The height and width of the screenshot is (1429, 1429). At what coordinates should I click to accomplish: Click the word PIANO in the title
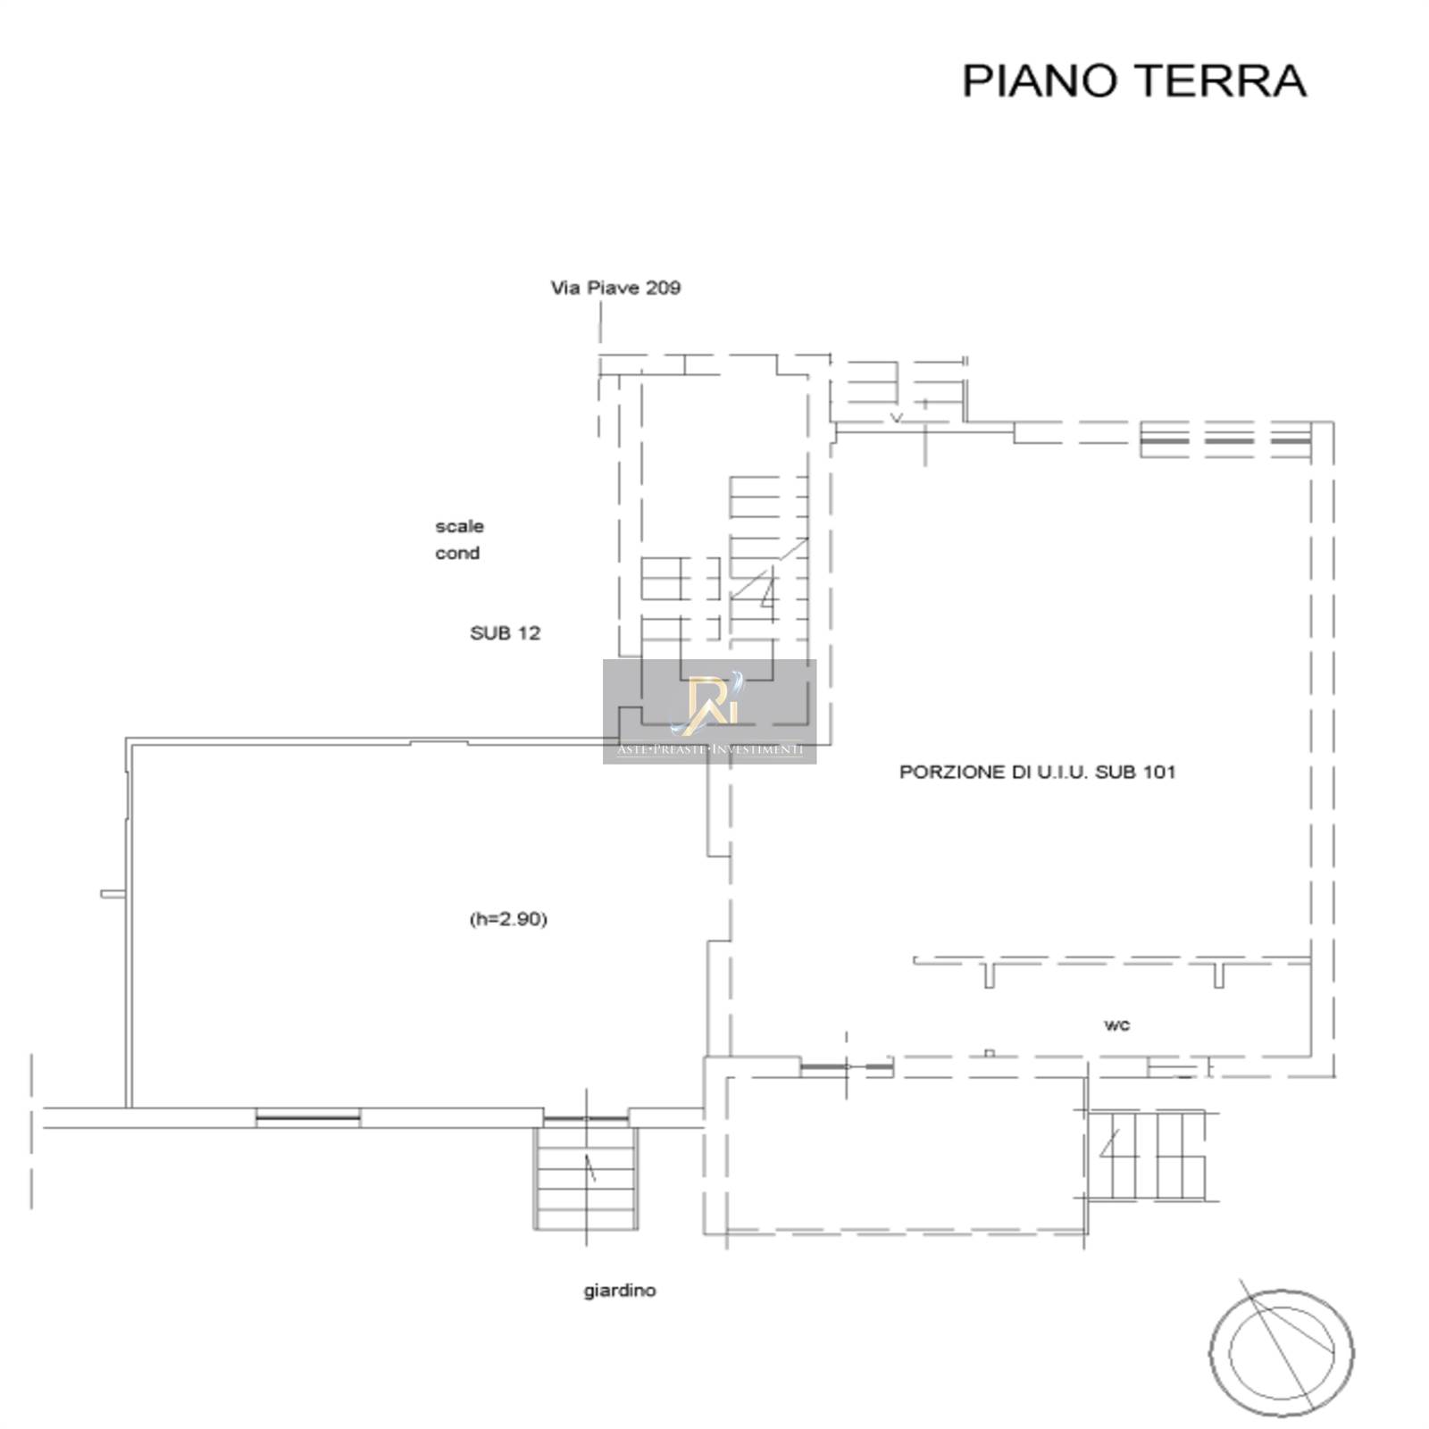point(1040,80)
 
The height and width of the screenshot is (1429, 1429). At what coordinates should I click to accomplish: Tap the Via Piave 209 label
point(614,288)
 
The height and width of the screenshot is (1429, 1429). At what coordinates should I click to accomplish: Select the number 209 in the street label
point(664,288)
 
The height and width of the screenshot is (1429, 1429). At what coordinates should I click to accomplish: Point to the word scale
point(459,526)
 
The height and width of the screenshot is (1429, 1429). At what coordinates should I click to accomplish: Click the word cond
point(457,553)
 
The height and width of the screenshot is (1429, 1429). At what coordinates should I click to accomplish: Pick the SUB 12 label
point(505,633)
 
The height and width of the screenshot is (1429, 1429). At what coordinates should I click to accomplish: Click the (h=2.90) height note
point(508,919)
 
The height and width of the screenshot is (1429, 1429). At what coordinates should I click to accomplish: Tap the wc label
point(1116,1025)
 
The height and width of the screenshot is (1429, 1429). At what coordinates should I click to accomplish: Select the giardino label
point(620,1291)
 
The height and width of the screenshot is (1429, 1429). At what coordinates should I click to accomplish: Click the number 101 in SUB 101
point(1158,773)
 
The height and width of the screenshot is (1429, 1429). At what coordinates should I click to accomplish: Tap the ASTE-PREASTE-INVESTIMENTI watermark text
point(710,749)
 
